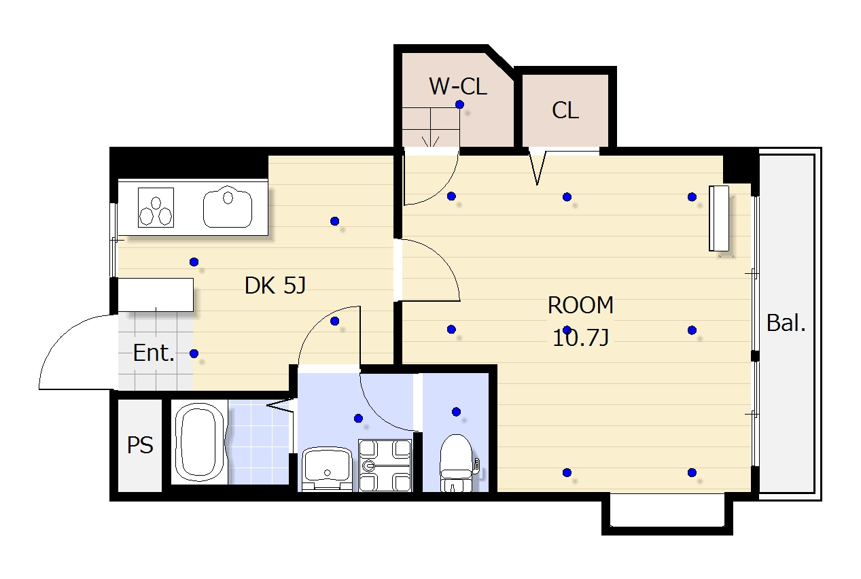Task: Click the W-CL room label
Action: [458, 86]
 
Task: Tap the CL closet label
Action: [565, 110]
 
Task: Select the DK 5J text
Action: [275, 285]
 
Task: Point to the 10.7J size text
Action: [580, 338]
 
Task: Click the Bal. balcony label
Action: [786, 323]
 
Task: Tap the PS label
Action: [140, 445]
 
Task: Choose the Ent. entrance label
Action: [154, 353]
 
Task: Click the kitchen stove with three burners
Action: [156, 207]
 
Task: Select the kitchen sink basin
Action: [228, 207]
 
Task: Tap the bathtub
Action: [199, 442]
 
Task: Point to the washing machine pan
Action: [385, 466]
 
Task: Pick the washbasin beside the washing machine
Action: [327, 469]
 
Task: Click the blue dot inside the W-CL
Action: [459, 104]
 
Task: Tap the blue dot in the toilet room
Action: [456, 412]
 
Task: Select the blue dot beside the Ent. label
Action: [194, 353]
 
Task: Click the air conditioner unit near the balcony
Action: [719, 218]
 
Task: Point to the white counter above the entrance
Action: [156, 295]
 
